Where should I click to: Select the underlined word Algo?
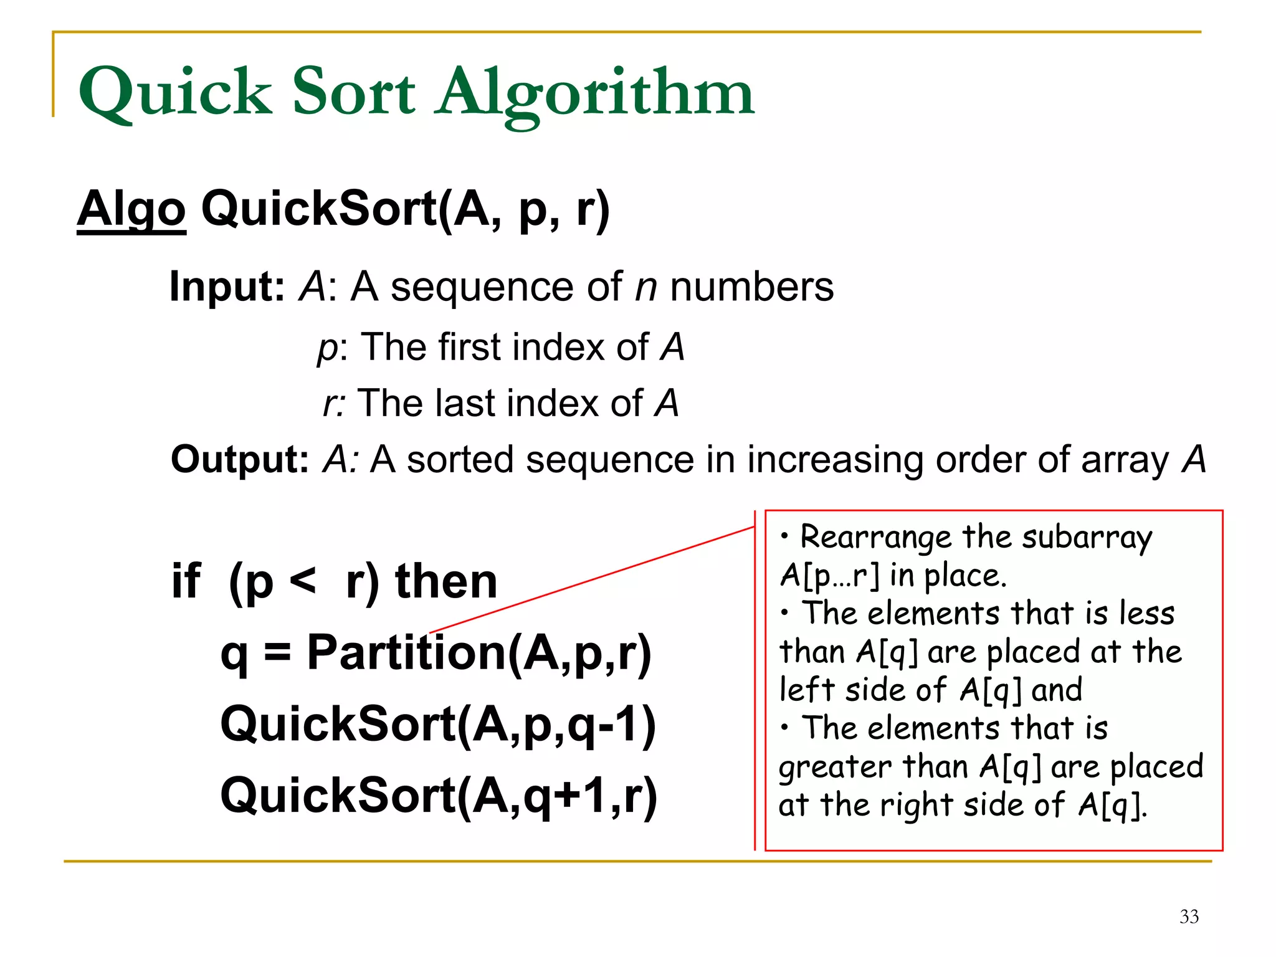point(131,210)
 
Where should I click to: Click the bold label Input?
point(227,287)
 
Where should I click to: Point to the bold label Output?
point(240,460)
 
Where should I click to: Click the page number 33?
point(1189,917)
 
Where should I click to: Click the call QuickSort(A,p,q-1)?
point(438,725)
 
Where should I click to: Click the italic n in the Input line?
point(646,288)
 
